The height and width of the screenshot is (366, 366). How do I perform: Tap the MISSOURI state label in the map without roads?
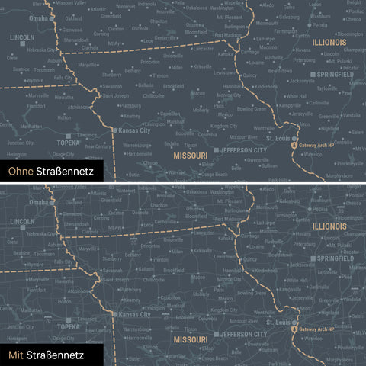(x=190, y=156)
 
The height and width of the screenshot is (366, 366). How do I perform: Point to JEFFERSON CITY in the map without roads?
(x=246, y=151)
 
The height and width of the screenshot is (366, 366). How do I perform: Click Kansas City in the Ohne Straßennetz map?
(x=134, y=131)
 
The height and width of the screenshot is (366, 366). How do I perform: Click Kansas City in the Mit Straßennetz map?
(x=134, y=313)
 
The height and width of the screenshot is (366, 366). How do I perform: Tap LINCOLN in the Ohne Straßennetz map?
(x=22, y=37)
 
